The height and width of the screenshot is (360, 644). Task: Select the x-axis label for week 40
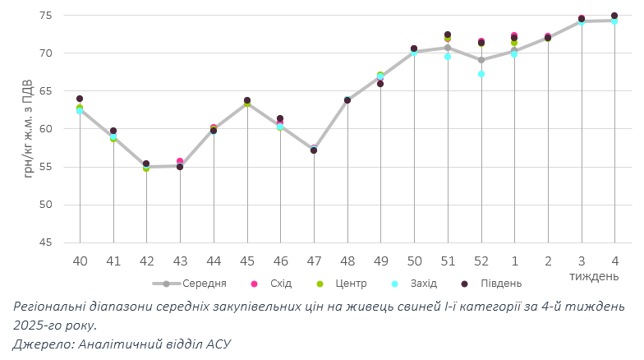click(80, 260)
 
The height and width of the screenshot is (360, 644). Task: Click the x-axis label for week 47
click(314, 260)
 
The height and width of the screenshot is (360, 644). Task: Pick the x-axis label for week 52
click(481, 260)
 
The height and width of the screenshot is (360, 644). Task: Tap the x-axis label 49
click(380, 260)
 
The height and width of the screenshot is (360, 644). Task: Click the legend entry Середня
click(205, 284)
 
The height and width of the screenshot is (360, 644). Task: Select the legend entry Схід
click(280, 284)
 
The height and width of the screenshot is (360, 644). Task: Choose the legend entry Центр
click(352, 284)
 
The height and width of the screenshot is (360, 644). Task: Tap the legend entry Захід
click(423, 284)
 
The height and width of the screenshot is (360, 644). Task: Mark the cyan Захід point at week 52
click(481, 74)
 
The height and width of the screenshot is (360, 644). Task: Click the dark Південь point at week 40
click(80, 99)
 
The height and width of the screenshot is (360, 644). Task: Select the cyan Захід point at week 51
click(448, 57)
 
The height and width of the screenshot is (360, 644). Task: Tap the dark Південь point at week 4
click(614, 16)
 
